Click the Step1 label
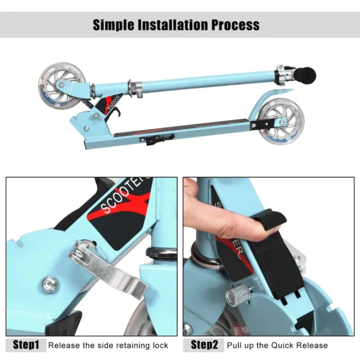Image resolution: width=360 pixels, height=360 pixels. [x=26, y=345]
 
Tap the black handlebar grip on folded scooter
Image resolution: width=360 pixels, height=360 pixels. [x=307, y=76]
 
